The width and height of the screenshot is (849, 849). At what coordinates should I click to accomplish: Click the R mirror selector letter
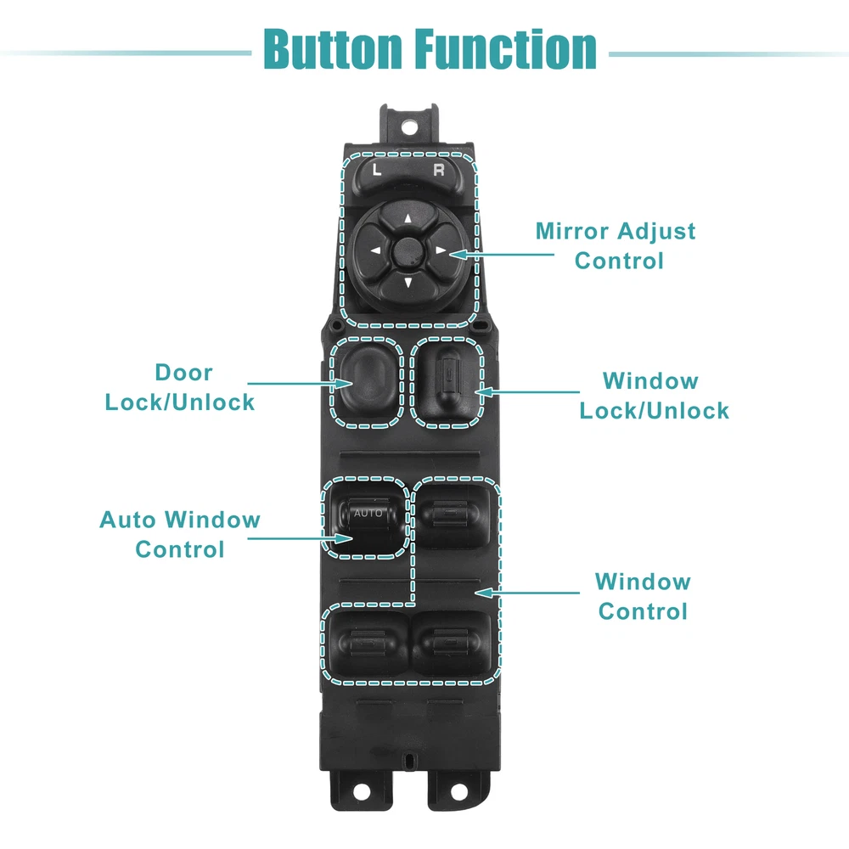(439, 170)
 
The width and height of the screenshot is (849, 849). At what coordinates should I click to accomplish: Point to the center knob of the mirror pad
(408, 250)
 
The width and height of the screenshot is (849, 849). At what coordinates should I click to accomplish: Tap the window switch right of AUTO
(452, 515)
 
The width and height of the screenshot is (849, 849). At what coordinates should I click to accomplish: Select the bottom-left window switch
(366, 645)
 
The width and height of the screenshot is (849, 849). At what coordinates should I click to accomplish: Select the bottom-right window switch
(451, 645)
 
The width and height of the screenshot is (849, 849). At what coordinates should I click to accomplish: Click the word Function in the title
(507, 48)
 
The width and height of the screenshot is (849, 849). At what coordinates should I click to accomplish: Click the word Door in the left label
(183, 372)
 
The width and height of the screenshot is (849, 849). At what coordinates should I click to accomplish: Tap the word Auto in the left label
(128, 520)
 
